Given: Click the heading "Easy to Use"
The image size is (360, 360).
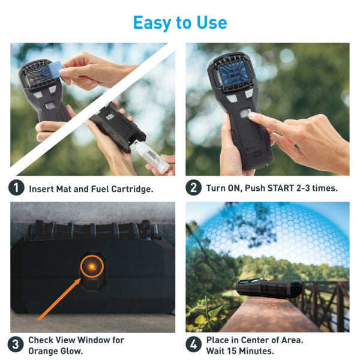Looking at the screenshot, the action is coord(180,23).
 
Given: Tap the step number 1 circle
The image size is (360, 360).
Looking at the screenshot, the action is coord(16,188).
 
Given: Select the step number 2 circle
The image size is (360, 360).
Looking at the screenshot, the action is coord(194,188).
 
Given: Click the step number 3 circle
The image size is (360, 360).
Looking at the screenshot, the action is coord(16,344).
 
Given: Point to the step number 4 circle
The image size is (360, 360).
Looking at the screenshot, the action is coord(194,344).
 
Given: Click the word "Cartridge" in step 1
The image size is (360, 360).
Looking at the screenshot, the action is coord(132,190).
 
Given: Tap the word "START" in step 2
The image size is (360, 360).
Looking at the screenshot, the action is coord(281,188).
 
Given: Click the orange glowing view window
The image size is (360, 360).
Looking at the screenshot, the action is coord(92,266).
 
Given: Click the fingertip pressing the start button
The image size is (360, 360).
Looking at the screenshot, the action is coord(252,115).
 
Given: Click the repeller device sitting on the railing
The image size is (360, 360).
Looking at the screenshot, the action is coord(269,288).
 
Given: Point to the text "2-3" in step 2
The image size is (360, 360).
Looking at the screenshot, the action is coord(303,188).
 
